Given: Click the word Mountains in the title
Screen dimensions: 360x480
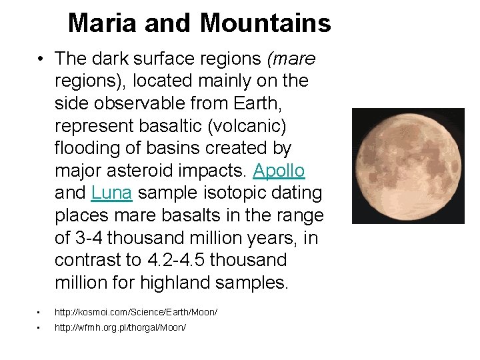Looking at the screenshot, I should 265,24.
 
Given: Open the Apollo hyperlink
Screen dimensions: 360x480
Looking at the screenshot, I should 279,171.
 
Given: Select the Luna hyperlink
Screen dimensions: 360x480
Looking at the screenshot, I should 112,193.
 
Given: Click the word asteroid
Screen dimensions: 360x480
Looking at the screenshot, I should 144,171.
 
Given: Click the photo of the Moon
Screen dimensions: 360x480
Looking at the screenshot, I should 408,165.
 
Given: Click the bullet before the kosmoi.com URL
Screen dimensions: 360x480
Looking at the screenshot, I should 39,312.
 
